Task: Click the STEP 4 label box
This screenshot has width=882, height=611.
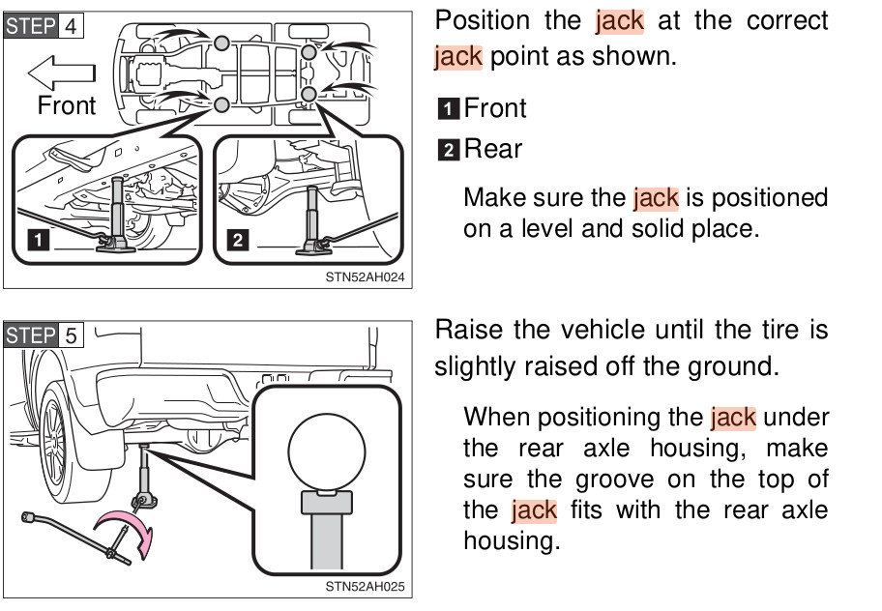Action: click(x=44, y=25)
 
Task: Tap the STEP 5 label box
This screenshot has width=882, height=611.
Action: click(x=44, y=335)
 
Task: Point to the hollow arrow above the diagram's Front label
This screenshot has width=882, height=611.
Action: click(x=61, y=72)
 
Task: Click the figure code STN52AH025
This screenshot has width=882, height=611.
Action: click(x=365, y=586)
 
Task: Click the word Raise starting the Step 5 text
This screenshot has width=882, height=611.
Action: click(x=468, y=330)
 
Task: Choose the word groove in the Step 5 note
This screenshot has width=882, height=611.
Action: click(x=599, y=479)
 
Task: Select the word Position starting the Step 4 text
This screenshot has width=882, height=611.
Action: click(x=483, y=20)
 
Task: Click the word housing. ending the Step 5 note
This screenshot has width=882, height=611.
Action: click(x=511, y=540)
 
